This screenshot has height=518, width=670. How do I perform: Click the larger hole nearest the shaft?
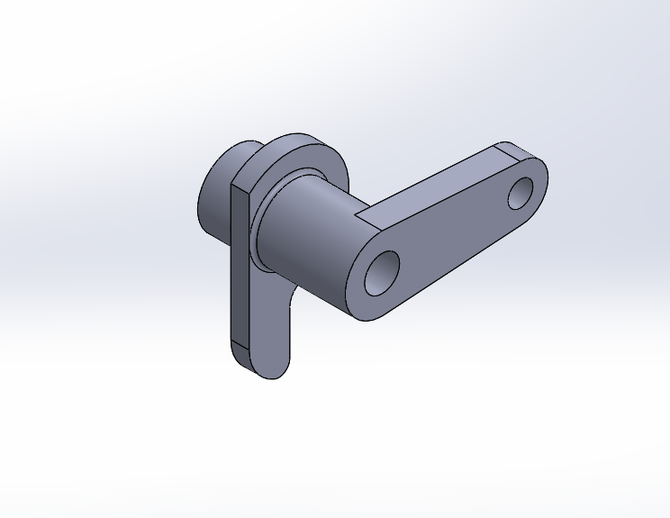382,272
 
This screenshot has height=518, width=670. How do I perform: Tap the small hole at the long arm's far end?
521,193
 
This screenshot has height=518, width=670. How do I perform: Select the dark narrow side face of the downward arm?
239,270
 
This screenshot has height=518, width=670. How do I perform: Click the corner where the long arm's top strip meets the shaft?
358,220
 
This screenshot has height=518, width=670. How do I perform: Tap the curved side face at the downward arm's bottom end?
253,366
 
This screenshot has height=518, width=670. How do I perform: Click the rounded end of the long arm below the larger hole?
374,311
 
